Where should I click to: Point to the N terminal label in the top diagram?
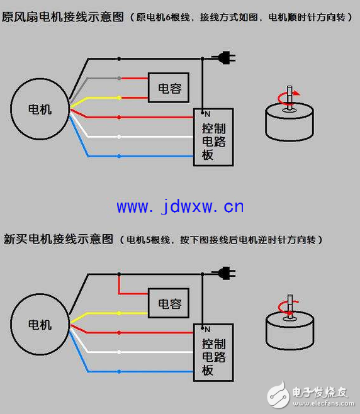(x=207, y=114)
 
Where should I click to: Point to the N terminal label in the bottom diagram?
(x=207, y=330)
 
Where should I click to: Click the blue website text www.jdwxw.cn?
(x=180, y=206)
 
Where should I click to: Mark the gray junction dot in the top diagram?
(x=119, y=78)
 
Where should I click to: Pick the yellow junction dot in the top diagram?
(x=119, y=98)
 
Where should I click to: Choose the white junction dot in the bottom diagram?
(x=119, y=352)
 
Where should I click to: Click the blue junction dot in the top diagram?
(x=119, y=156)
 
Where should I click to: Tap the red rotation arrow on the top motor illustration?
(x=280, y=99)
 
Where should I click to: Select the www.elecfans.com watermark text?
(x=323, y=403)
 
